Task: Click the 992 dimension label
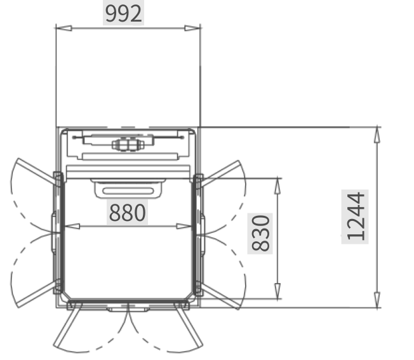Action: coord(123,13)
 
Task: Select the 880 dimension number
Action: coord(127,213)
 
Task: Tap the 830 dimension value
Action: coord(260,233)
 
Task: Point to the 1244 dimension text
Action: coord(356,217)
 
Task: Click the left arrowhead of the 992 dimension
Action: coord(64,28)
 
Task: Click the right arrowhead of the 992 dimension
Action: coord(192,28)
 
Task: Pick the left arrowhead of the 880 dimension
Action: coord(72,226)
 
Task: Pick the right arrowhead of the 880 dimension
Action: coord(184,226)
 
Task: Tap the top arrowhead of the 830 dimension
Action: coord(277,187)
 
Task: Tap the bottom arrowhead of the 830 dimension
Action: coord(277,291)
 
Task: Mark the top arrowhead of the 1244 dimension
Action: coord(377,135)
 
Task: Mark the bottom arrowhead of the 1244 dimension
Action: coord(377,300)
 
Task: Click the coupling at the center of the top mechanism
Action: coord(128,145)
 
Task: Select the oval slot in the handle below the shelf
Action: coord(128,191)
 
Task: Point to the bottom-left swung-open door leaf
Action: coord(67,324)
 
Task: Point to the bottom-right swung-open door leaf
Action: coord(189,324)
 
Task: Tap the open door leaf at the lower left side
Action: coord(37,294)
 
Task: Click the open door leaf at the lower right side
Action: coord(221,296)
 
